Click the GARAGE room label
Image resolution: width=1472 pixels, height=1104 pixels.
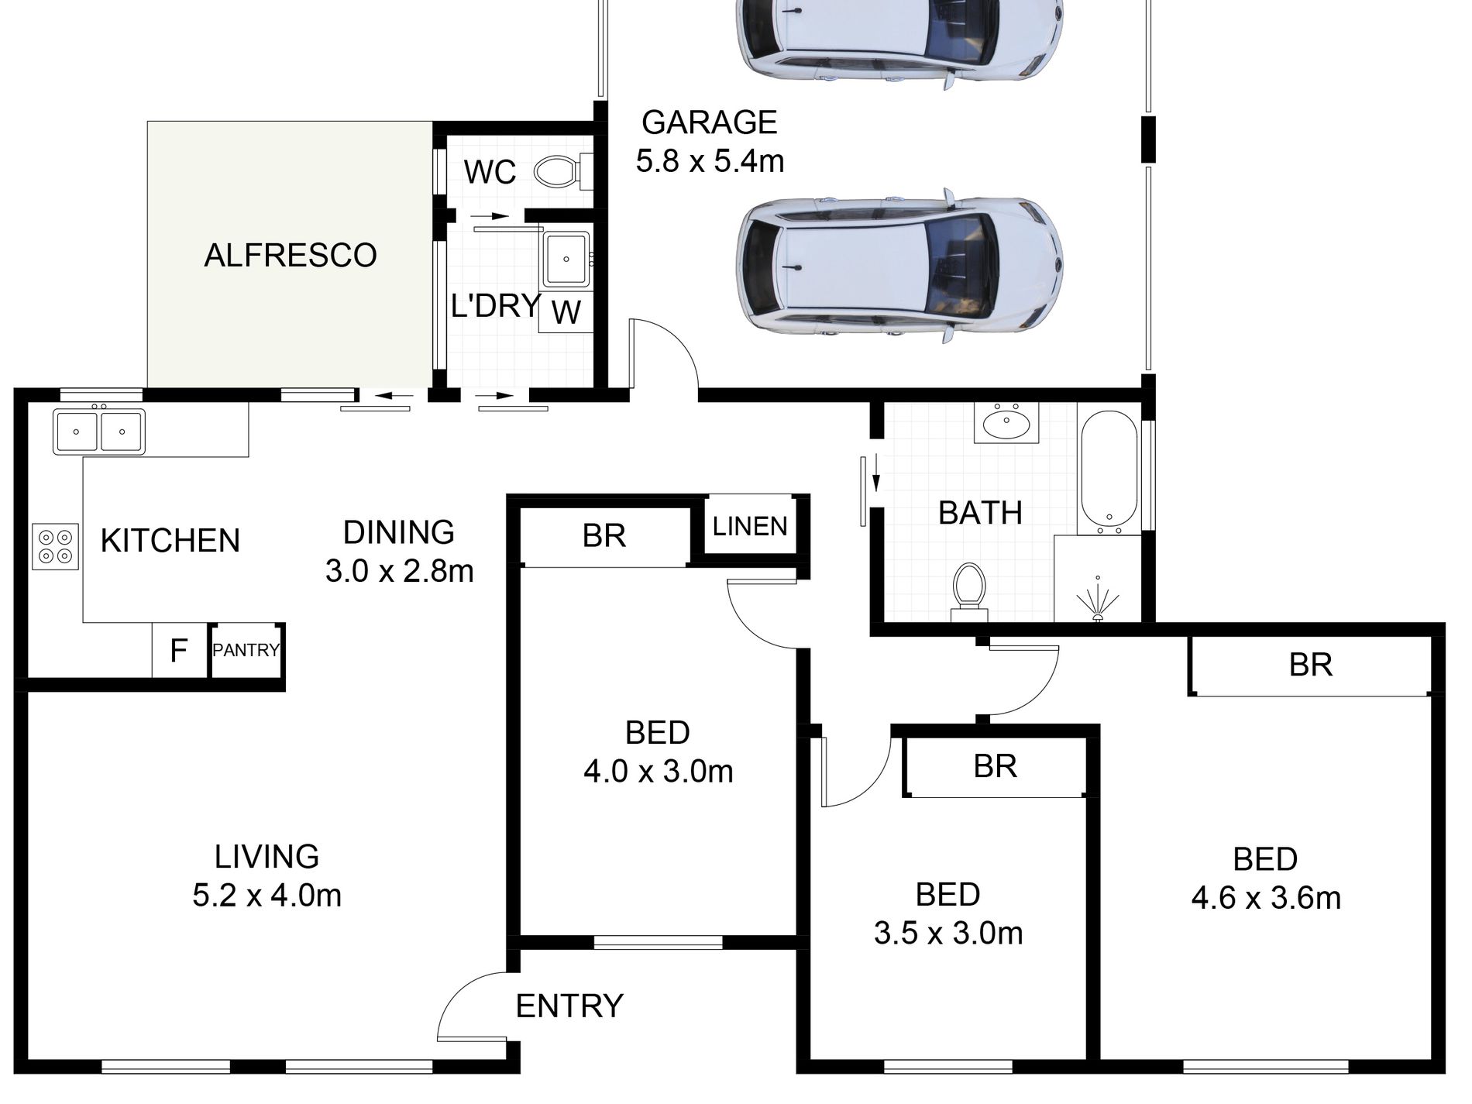(709, 122)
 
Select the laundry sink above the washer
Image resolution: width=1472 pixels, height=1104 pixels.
(566, 259)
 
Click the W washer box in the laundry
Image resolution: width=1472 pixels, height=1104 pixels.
(566, 312)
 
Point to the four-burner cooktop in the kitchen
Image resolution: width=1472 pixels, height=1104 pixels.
(55, 547)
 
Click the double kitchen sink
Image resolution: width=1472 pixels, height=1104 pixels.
(98, 432)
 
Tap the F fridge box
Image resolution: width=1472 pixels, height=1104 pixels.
(179, 651)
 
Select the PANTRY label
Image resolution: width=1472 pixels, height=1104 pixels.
(246, 650)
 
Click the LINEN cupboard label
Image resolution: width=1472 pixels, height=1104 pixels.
(749, 527)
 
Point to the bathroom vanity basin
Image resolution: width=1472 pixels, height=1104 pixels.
(1006, 423)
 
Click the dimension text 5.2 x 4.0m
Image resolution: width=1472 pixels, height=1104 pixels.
(267, 896)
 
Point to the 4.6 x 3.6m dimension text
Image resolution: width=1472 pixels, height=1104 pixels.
(1265, 898)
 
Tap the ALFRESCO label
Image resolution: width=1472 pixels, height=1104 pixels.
(290, 255)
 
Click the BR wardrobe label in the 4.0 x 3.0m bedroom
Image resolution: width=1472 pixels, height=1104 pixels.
(604, 535)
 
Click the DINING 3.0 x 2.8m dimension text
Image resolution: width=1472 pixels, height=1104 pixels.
(399, 571)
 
